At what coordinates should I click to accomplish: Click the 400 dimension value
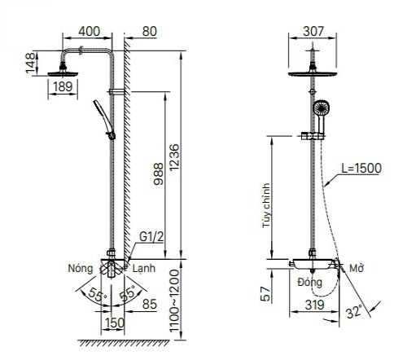[90, 32]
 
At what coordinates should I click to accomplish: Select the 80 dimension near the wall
[150, 32]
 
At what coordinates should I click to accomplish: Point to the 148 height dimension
[31, 63]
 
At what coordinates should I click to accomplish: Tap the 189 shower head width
[63, 87]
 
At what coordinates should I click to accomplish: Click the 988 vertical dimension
[159, 174]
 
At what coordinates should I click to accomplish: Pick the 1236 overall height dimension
[174, 157]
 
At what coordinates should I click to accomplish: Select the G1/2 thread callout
[151, 237]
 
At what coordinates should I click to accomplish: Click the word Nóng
[81, 268]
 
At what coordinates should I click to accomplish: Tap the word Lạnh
[144, 269]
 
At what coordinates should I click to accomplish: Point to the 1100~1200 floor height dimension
[174, 301]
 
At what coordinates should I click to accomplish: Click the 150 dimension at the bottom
[115, 323]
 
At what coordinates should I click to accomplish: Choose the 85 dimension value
[150, 304]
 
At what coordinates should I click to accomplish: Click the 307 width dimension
[313, 32]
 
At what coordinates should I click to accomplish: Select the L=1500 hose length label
[361, 169]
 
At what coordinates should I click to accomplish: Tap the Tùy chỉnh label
[267, 205]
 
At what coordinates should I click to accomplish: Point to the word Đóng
[310, 283]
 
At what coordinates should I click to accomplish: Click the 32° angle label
[355, 311]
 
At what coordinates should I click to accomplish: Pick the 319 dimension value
[314, 305]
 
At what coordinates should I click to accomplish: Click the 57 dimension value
[266, 294]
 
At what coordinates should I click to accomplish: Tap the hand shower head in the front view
[322, 108]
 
